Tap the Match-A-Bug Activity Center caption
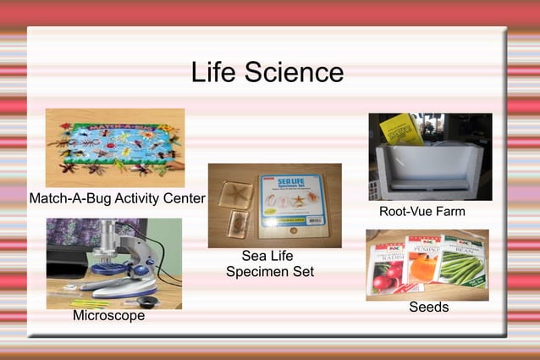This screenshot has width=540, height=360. pos(117,198)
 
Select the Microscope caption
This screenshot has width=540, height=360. pos(108,316)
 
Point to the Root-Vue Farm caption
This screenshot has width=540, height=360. pos(422,211)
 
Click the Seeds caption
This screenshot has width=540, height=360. pos(428,307)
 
